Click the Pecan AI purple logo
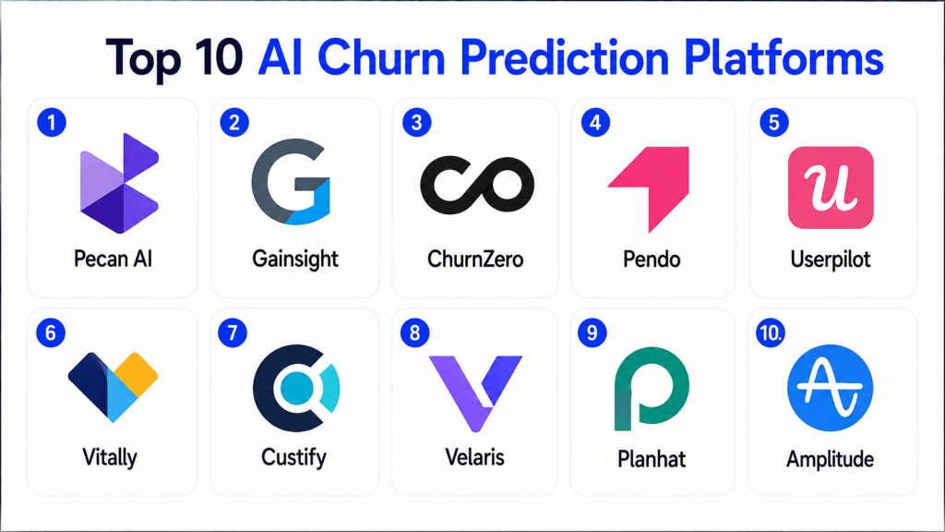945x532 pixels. click(x=119, y=184)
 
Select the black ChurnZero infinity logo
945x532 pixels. click(x=477, y=185)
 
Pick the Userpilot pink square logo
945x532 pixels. click(x=831, y=187)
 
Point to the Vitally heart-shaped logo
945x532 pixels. click(x=113, y=387)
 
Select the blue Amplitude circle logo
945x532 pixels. click(x=830, y=388)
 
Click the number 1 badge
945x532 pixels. click(x=52, y=123)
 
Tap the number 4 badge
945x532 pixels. click(x=595, y=123)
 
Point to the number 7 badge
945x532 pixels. click(x=233, y=332)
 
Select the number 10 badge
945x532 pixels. click(x=771, y=332)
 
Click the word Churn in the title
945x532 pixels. click(x=381, y=58)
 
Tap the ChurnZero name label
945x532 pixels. click(x=475, y=259)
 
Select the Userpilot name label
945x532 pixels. click(x=831, y=260)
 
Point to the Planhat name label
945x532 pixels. click(x=652, y=459)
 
